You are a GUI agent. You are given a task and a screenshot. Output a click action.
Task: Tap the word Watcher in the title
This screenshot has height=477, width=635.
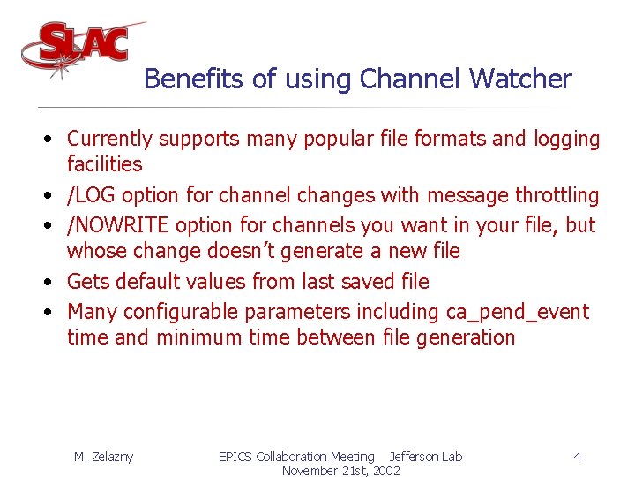(520, 79)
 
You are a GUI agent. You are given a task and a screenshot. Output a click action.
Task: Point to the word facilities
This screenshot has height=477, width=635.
(104, 164)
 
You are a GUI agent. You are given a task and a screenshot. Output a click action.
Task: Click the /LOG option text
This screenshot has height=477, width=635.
(92, 194)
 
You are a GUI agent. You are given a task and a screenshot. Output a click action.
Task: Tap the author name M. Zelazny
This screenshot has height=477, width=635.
(103, 457)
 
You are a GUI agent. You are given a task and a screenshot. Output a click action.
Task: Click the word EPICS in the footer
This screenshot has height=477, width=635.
(235, 457)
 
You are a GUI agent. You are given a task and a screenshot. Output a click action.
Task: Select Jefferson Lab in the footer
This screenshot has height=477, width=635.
(425, 457)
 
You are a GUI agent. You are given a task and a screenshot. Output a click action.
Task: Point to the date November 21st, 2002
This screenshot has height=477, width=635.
(340, 471)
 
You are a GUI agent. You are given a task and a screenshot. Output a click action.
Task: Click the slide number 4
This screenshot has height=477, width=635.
(577, 457)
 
